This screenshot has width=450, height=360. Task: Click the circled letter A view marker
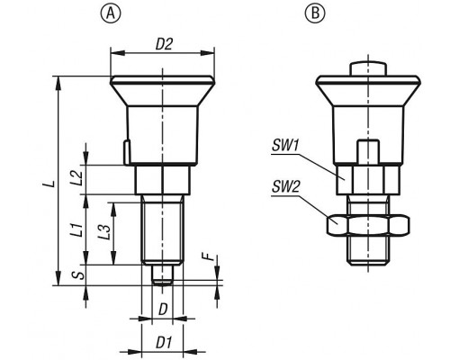[x=110, y=13]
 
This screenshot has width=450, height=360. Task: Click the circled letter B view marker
[x=315, y=13]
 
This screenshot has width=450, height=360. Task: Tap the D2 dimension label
[x=165, y=44]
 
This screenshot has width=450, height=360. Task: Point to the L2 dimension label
[x=76, y=178]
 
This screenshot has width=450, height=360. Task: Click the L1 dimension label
[x=77, y=229]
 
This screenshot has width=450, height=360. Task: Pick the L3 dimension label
[x=103, y=232]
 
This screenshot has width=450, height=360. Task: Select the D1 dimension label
[x=164, y=343]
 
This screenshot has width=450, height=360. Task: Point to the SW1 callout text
[x=285, y=147]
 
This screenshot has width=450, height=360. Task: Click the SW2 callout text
[x=285, y=187]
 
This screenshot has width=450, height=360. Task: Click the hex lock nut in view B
[x=368, y=225]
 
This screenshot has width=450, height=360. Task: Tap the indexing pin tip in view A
[x=162, y=274]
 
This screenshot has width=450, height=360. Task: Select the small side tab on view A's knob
[x=127, y=152]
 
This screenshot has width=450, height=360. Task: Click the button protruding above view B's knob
[x=368, y=68]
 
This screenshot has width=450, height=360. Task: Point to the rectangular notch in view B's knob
[x=368, y=152]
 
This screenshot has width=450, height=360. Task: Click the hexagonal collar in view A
[x=162, y=180]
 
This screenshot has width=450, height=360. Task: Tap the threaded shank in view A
[x=162, y=230]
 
